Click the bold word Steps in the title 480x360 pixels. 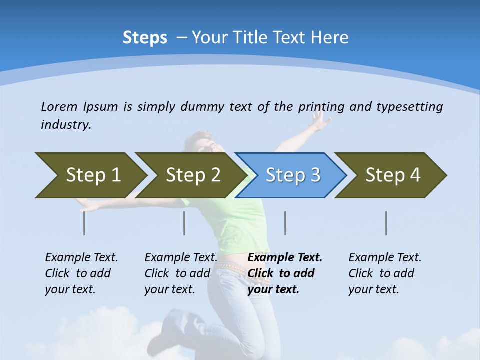(145, 38)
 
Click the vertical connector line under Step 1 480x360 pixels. (84, 223)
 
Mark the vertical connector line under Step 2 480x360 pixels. (184, 223)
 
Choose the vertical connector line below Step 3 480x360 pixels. (285, 223)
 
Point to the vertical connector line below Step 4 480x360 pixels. (386, 223)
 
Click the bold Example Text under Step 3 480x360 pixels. (285, 258)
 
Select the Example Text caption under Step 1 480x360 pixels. (81, 258)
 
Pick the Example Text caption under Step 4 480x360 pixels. (385, 258)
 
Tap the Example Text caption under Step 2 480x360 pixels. (181, 258)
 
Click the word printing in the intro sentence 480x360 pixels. (322, 106)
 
